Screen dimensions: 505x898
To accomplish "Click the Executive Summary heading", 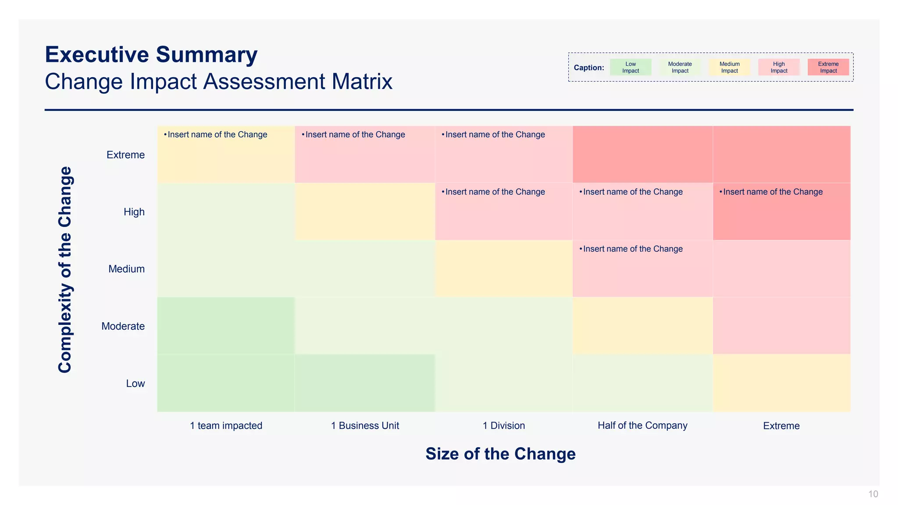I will coord(151,55).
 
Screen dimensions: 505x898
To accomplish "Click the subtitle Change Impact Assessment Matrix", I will coord(218,82).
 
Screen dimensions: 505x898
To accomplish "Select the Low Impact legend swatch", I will coord(630,68).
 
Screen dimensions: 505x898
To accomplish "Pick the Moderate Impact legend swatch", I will coord(680,68).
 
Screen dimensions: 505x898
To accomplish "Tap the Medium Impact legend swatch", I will coord(729,68).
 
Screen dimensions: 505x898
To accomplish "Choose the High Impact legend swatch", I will coord(779,68).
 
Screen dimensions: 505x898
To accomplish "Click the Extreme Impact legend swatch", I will coord(828,68).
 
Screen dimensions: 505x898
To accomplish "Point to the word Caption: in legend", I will coord(588,68).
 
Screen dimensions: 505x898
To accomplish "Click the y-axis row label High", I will coord(134,212).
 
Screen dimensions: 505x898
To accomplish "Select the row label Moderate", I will coord(123,327).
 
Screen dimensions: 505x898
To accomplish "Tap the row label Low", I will coord(135,384).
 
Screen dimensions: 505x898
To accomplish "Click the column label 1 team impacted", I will coord(226,426).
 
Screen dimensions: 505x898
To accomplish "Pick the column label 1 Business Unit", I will coord(365,426).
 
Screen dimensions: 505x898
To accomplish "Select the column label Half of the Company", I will coord(642,426).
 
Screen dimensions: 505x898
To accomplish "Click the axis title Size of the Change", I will coord(500,454).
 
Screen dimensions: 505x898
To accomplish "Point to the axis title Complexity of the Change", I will coord(65,270).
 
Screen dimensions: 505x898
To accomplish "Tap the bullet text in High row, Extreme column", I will coord(772,192).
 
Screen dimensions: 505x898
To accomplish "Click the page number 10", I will coord(873,494).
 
